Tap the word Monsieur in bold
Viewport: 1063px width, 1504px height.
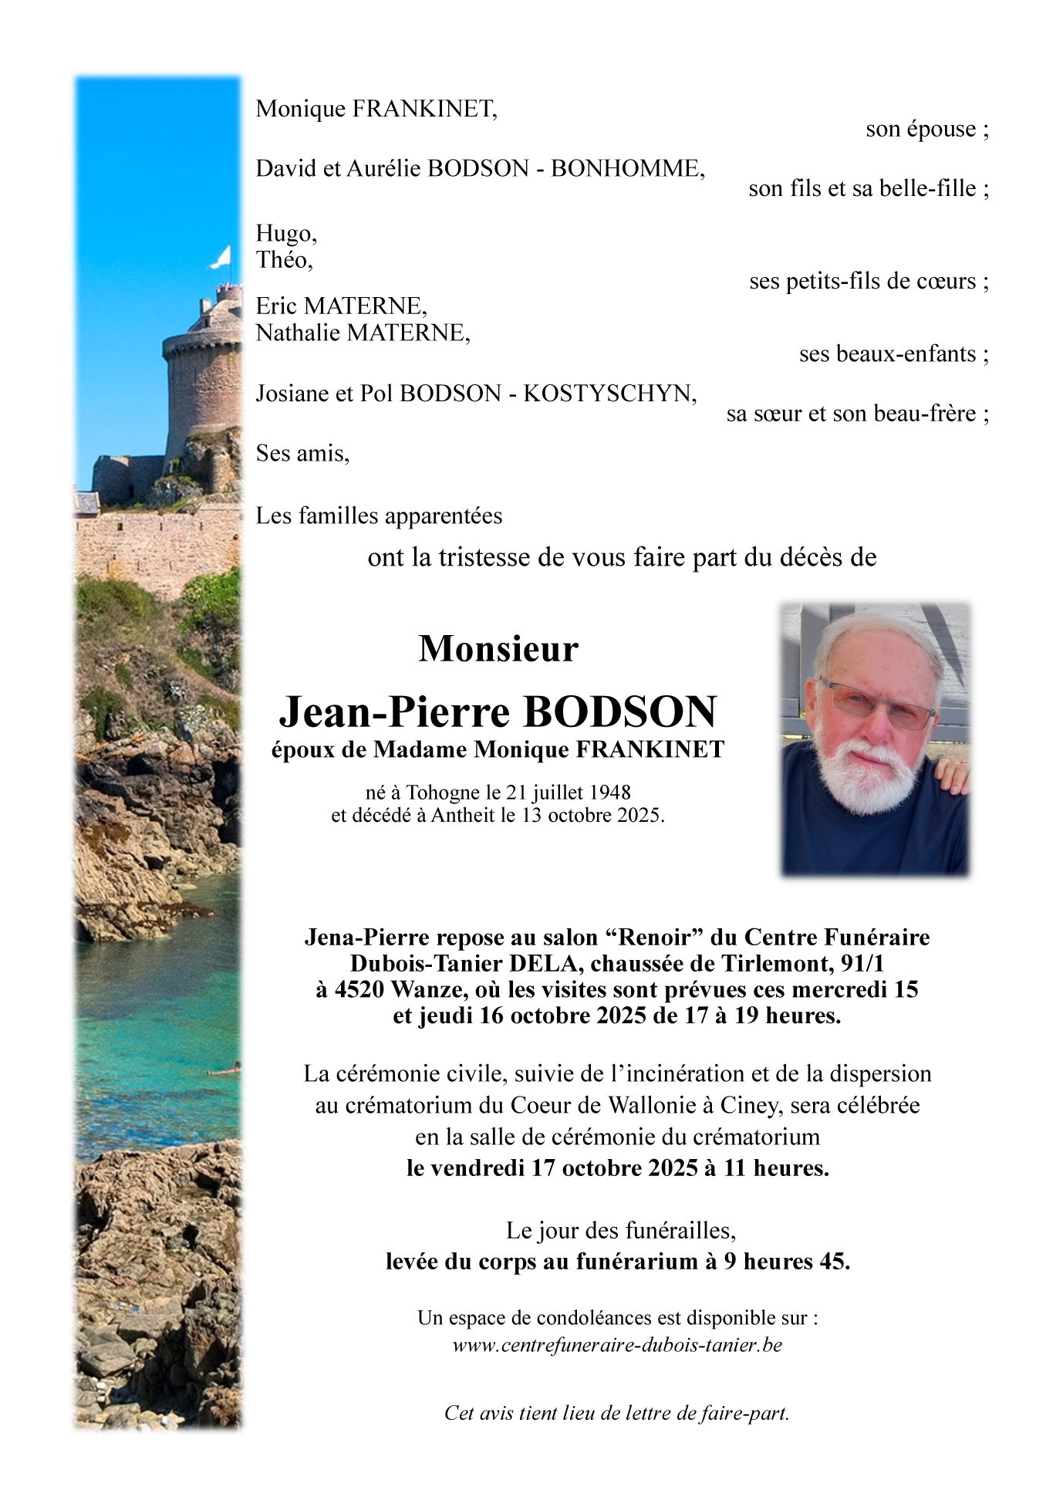pos(498,649)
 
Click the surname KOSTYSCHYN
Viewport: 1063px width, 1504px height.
pos(609,394)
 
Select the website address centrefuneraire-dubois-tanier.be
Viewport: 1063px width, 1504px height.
pos(617,1345)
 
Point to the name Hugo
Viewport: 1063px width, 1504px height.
pos(285,234)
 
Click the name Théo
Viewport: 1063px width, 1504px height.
pos(284,260)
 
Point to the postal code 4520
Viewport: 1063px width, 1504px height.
pos(359,990)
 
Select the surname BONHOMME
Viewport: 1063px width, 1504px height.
pos(626,169)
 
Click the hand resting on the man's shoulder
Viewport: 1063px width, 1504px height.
pos(953,772)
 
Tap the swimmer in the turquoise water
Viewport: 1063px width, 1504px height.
pos(224,1070)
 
